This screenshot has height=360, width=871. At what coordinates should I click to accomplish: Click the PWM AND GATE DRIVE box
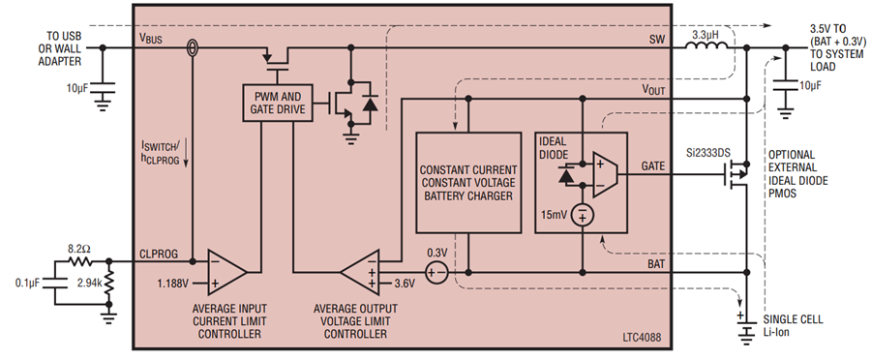pyautogui.click(x=278, y=103)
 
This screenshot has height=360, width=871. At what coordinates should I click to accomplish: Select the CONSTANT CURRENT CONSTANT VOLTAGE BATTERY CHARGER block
pyautogui.click(x=468, y=182)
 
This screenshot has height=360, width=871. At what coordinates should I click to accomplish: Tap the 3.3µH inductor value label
pyautogui.click(x=706, y=35)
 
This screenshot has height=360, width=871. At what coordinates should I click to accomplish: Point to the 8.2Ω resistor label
pyautogui.click(x=80, y=250)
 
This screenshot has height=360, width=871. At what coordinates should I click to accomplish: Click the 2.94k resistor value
pyautogui.click(x=89, y=283)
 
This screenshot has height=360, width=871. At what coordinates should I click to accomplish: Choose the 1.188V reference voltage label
pyautogui.click(x=174, y=284)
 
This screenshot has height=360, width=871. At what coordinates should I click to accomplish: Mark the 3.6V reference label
pyautogui.click(x=405, y=284)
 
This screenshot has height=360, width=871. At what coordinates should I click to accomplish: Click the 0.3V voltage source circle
pyautogui.click(x=436, y=272)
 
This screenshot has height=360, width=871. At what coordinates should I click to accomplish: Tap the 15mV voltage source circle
pyautogui.click(x=583, y=216)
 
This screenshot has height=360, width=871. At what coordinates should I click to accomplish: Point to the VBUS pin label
pyautogui.click(x=151, y=39)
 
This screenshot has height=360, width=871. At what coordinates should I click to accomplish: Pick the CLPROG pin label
pyautogui.click(x=159, y=254)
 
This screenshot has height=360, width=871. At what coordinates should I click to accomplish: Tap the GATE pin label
pyautogui.click(x=652, y=166)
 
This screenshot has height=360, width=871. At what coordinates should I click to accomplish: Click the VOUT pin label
pyautogui.click(x=653, y=89)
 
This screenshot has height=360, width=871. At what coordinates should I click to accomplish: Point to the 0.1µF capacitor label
pyautogui.click(x=27, y=284)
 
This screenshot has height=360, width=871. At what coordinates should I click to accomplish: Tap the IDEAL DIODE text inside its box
pyautogui.click(x=555, y=147)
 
